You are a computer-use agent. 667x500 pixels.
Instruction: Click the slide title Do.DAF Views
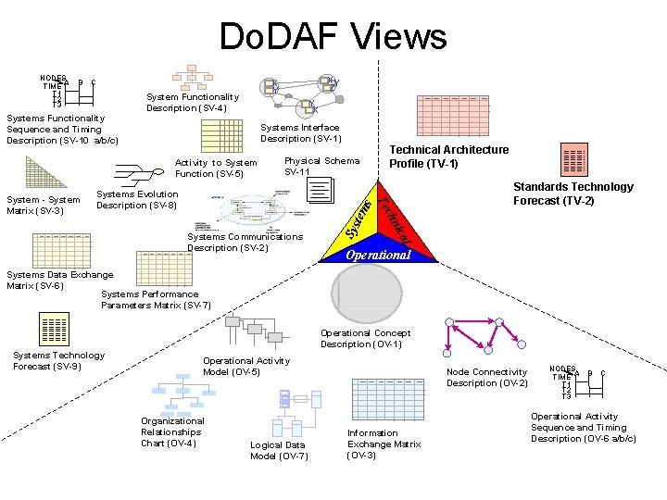333,37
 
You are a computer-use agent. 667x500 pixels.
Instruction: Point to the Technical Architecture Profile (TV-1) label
448,156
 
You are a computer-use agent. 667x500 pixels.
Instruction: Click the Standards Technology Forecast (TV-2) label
573,194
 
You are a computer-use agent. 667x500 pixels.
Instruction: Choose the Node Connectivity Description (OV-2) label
486,378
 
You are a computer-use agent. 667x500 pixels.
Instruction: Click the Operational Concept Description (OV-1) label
365,339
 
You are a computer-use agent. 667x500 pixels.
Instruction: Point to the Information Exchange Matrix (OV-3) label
384,444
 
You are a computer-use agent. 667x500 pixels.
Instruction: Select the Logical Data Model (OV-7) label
279,450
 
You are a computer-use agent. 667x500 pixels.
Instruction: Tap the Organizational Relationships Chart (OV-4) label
172,431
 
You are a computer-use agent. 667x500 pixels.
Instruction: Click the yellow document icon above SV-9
54,330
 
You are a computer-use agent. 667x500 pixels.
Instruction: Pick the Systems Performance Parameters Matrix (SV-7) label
156,300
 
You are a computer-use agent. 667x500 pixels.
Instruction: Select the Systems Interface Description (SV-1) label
299,133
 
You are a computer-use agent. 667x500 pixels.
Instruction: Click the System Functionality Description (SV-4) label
192,102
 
